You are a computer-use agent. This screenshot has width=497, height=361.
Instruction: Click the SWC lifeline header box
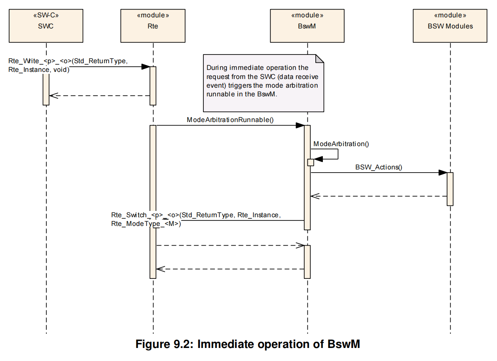(x=46, y=26)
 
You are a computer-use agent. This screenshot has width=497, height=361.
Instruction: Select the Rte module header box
(x=153, y=26)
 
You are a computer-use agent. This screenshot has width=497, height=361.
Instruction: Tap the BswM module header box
(x=307, y=26)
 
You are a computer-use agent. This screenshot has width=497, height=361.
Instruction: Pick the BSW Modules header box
(x=450, y=26)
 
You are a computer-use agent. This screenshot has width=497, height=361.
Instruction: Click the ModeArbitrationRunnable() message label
(x=230, y=120)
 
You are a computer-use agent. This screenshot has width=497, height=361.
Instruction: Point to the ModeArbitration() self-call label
(x=341, y=144)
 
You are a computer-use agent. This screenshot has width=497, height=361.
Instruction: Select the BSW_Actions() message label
(x=379, y=167)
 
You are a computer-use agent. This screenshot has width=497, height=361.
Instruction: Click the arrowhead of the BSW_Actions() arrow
(x=443, y=173)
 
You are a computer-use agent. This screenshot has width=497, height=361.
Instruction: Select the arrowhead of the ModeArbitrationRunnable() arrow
(x=300, y=126)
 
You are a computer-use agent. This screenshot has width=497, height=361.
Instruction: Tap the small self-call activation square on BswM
(x=311, y=162)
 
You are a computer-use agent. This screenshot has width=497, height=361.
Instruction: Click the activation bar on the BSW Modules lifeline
(x=450, y=189)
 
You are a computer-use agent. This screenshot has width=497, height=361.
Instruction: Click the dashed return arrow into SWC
(x=99, y=96)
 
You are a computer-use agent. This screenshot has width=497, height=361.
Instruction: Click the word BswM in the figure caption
(x=343, y=344)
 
